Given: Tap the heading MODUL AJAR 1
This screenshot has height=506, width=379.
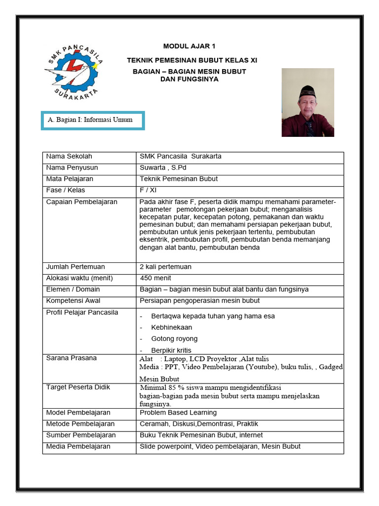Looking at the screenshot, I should click(x=189, y=46).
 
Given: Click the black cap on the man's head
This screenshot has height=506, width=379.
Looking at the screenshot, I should click(x=307, y=90).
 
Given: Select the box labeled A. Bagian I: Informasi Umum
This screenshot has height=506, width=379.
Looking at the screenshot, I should click(x=93, y=120).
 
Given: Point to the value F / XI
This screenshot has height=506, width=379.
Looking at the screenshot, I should click(x=148, y=190).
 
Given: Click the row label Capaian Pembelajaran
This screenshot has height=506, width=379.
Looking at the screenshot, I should click(x=81, y=202).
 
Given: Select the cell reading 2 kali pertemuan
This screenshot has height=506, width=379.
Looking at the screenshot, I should click(x=165, y=267).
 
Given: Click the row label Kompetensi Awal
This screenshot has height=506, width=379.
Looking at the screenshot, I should click(x=73, y=300).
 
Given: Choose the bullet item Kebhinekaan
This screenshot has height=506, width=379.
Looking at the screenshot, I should click(x=172, y=327).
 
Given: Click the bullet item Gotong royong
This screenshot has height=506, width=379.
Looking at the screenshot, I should click(x=174, y=338).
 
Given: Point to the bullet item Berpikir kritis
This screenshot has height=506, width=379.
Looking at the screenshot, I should click(x=171, y=350).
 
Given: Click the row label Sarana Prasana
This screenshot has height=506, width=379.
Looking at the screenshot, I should click(x=71, y=358).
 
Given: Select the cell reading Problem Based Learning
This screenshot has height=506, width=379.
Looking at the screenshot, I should click(x=178, y=413).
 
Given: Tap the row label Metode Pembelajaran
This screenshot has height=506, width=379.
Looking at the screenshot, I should click(x=80, y=424).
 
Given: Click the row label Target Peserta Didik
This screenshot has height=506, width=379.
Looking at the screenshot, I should click(x=78, y=387).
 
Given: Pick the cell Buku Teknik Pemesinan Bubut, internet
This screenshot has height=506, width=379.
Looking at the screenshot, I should click(x=201, y=435).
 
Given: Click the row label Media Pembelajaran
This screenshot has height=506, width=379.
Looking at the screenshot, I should click(x=78, y=446).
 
